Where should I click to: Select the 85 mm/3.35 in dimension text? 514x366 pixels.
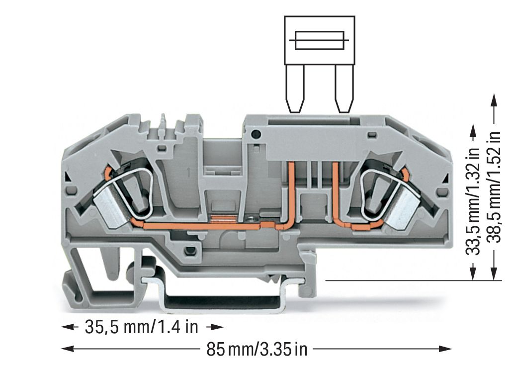pyautogui.click(x=257, y=349)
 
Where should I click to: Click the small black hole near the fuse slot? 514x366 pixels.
pyautogui.click(x=257, y=134)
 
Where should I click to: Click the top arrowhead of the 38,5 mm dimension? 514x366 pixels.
pyautogui.click(x=493, y=98)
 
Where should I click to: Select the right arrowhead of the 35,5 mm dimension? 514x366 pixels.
pyautogui.click(x=215, y=327)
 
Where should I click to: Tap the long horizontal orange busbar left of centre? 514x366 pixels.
pyautogui.click(x=199, y=227)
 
